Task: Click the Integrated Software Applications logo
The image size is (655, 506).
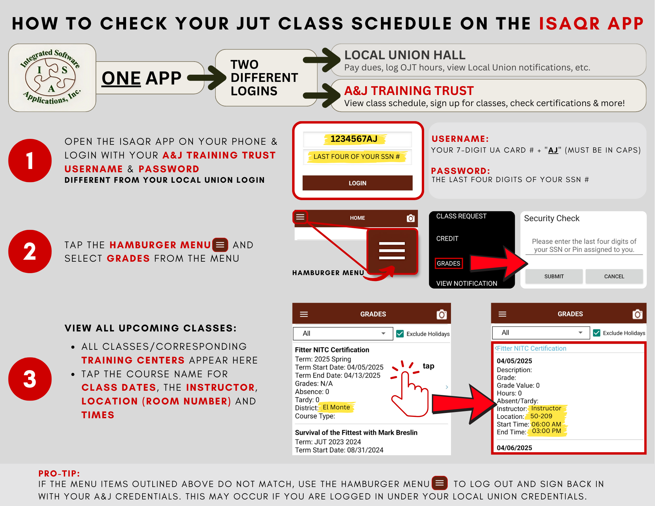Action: click(52, 78)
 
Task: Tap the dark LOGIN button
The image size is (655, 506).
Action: click(357, 183)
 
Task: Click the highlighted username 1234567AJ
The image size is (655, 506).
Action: click(354, 139)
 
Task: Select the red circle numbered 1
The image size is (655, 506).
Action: click(30, 160)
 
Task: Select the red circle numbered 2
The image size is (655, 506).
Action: click(30, 252)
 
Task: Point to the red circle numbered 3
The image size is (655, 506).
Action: click(30, 379)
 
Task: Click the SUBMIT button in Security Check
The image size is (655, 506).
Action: click(554, 276)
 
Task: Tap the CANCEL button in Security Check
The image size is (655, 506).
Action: click(614, 276)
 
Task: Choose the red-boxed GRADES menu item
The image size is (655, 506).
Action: click(449, 263)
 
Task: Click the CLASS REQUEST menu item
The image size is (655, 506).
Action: click(461, 216)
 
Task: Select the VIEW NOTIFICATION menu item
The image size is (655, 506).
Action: click(467, 283)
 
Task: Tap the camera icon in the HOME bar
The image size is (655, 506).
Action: click(411, 218)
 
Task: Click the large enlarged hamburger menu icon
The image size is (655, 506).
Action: click(392, 251)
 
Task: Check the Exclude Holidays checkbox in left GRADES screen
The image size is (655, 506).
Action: click(400, 334)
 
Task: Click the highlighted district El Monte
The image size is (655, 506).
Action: click(336, 407)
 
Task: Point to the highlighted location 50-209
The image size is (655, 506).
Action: click(541, 416)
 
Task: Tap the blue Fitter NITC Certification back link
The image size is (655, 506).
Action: click(531, 348)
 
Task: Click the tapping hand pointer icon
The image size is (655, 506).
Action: click(409, 390)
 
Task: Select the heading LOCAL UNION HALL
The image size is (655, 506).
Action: click(405, 55)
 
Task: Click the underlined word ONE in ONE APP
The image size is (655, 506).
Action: click(121, 78)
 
